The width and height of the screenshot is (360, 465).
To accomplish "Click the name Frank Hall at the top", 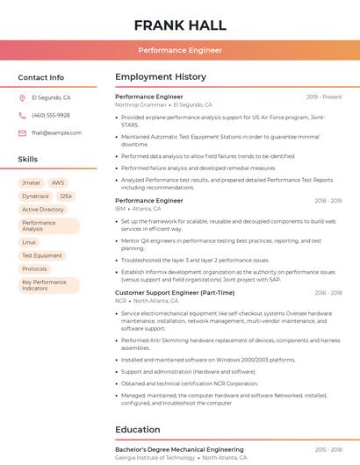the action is (180, 25).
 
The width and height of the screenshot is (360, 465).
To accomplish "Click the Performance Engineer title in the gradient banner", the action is (180, 50).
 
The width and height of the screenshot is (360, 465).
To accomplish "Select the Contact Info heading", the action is (40, 77).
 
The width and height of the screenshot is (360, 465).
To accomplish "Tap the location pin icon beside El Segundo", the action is (22, 98).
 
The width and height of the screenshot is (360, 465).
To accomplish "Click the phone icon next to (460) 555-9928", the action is (22, 116).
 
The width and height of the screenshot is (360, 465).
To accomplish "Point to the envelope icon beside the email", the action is (22, 133).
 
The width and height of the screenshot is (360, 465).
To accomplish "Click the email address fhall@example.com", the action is (56, 133).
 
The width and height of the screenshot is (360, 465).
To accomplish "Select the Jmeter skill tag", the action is (31, 183).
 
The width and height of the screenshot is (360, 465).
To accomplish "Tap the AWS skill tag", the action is (58, 183).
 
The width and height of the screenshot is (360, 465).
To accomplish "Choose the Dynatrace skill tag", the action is (35, 197).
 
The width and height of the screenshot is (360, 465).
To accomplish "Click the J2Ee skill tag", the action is (66, 197).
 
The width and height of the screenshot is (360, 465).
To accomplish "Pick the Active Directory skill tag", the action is (43, 210).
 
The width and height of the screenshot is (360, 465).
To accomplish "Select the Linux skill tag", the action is (30, 242).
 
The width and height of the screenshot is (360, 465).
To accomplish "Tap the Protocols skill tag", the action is (35, 269).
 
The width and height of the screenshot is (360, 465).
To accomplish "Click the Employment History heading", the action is (161, 77).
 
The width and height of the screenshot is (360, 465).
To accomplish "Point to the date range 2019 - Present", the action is (324, 97).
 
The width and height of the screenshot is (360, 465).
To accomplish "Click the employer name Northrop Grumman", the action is (140, 104).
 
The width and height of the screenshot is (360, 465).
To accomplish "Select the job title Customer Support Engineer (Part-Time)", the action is (175, 293).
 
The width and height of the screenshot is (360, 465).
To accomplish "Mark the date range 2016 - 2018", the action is (328, 293).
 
